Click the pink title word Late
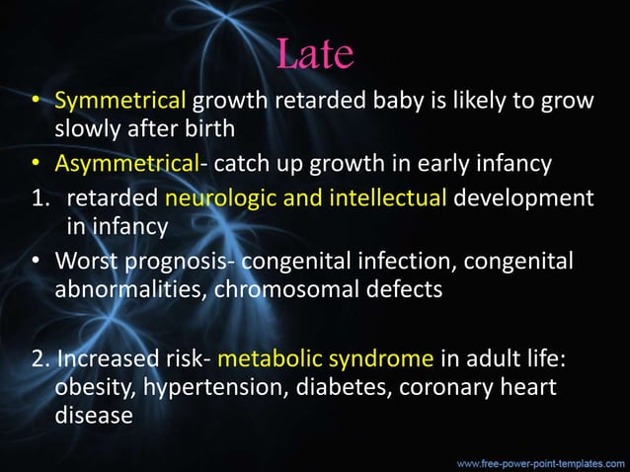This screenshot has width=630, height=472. coord(315,54)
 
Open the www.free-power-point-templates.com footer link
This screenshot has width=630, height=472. coord(539,461)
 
